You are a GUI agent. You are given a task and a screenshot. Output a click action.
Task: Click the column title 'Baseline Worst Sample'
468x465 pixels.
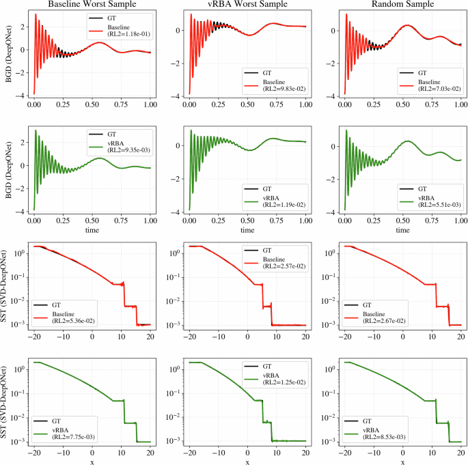point(91,5)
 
